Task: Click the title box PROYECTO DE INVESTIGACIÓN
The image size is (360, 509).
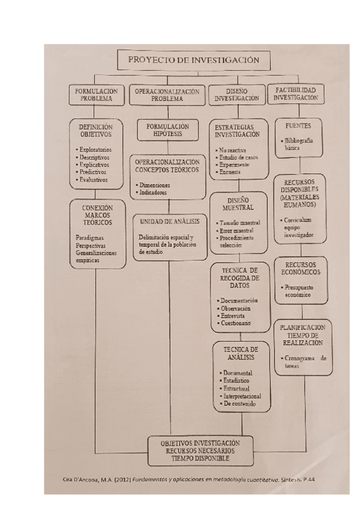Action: tap(193, 60)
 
